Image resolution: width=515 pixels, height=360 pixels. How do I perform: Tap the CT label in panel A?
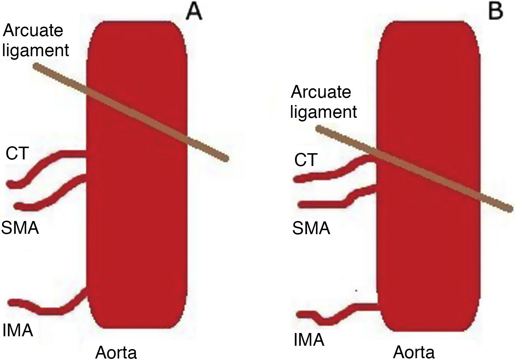tap(17, 153)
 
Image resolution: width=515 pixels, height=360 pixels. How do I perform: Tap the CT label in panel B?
tap(305, 160)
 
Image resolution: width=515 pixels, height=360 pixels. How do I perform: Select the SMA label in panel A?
tap(20, 228)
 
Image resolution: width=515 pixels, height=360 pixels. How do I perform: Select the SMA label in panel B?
tap(311, 229)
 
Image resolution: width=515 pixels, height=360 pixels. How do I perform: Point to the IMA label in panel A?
tap(18, 330)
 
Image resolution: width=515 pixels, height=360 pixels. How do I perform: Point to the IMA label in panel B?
tap(309, 340)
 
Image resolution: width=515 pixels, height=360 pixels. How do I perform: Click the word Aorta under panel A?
tap(116, 352)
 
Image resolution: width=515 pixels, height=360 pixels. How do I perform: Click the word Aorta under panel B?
tap(414, 352)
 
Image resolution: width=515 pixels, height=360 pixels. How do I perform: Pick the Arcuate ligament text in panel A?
tap(35, 40)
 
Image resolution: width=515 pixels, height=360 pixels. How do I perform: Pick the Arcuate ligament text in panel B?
tap(323, 102)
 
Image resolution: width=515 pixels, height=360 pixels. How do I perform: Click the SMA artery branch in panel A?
tap(55, 192)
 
